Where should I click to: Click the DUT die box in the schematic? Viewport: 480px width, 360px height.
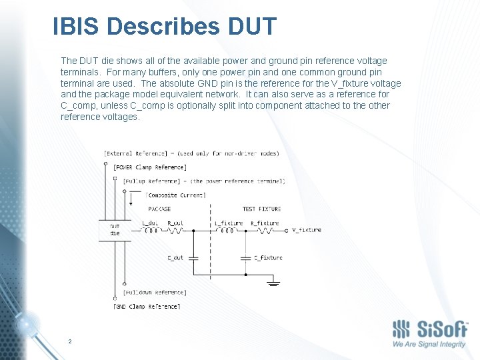point(115,231)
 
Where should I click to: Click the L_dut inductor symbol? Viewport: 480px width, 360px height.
point(151,231)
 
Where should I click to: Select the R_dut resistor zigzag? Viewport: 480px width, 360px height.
point(175,231)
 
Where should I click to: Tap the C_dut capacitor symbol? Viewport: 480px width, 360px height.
point(193,257)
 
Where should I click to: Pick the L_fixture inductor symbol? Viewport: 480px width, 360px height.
point(227,231)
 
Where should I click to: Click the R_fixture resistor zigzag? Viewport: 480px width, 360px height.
point(264,231)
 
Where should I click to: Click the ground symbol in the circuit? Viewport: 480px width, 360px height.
point(272,283)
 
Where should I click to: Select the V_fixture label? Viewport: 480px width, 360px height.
point(306,230)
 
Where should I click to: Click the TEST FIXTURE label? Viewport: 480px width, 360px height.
point(261,209)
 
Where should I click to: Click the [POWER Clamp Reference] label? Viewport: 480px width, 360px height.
point(150,167)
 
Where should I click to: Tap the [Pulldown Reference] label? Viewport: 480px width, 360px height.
point(154,292)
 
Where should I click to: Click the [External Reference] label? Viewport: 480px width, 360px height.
point(138,153)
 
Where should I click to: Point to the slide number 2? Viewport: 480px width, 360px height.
point(69,341)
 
